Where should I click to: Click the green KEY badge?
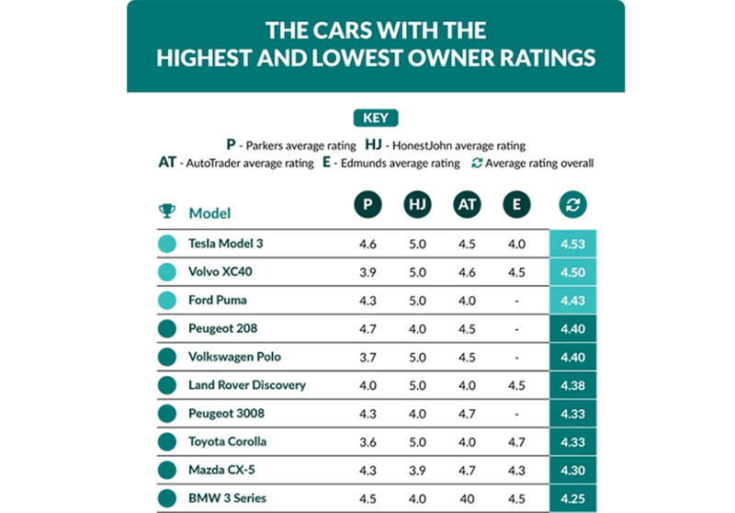pos(376,118)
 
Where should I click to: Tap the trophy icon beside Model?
pos(166,211)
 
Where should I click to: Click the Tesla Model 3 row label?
pos(225,244)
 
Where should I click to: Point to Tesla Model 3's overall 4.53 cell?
pos(573,245)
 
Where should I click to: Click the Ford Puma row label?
pos(217,301)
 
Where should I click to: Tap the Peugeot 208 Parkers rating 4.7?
pos(368,328)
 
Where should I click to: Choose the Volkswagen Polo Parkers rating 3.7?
pos(368,357)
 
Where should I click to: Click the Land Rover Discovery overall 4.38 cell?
pos(573,385)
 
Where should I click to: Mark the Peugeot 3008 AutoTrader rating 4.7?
pos(467,413)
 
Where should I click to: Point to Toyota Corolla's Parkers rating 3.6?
pos(368,441)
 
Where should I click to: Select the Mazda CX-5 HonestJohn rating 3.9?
pos(417,470)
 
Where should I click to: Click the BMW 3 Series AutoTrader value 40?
pos(467,498)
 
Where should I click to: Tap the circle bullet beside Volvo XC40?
pos(167,272)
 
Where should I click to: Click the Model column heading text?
pos(209,212)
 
